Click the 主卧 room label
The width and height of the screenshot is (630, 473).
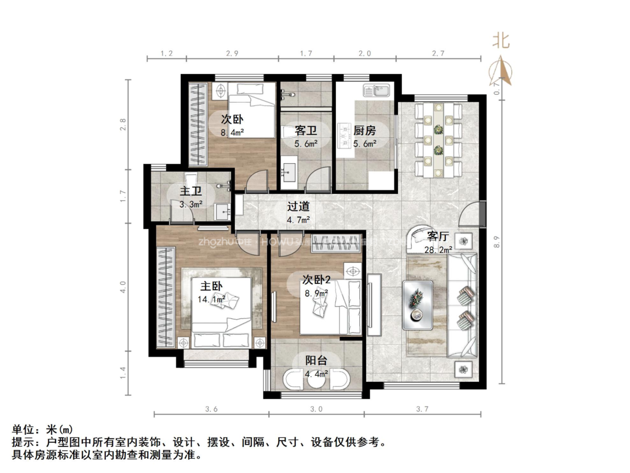point(210,286)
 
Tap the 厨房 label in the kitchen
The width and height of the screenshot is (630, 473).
point(364,131)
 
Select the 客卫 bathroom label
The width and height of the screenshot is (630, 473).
point(306,131)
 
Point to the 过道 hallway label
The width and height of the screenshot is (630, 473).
point(298,207)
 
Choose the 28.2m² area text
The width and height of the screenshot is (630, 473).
point(438,249)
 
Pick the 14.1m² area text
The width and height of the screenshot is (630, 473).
point(211,300)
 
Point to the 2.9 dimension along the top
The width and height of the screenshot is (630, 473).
point(232,54)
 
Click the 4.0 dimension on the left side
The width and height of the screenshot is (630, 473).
point(123,287)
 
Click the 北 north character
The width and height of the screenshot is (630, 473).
point(500,41)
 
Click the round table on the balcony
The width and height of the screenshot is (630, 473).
point(316,379)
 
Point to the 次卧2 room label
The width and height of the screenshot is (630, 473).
point(316,279)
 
